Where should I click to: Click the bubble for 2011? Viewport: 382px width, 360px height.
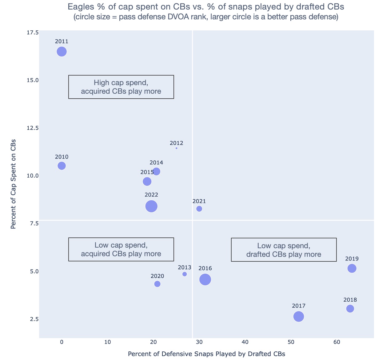[x=62, y=52]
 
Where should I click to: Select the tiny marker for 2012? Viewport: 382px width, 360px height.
[x=176, y=148]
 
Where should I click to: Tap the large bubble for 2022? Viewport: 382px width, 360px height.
[x=151, y=206]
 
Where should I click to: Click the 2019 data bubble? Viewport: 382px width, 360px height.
[x=352, y=268]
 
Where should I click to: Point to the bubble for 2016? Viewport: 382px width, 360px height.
[x=205, y=280]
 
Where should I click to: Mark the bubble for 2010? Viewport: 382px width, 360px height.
[x=62, y=166]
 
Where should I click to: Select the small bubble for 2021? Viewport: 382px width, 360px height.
[x=199, y=209]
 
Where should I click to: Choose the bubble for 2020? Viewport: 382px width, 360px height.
[x=157, y=284]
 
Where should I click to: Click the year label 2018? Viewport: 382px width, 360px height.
[x=350, y=300]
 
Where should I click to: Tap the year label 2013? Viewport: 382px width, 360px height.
[x=185, y=268]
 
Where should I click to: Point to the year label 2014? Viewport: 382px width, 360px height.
[x=156, y=163]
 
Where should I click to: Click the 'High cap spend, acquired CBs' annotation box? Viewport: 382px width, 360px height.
[x=121, y=87]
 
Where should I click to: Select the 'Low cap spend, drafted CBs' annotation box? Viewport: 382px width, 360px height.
[x=284, y=250]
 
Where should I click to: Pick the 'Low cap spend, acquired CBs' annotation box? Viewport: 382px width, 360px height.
[x=121, y=249]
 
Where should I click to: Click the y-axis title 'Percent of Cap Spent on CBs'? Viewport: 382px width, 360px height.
[x=13, y=184]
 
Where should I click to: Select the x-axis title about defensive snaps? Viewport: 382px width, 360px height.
[x=206, y=354]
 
